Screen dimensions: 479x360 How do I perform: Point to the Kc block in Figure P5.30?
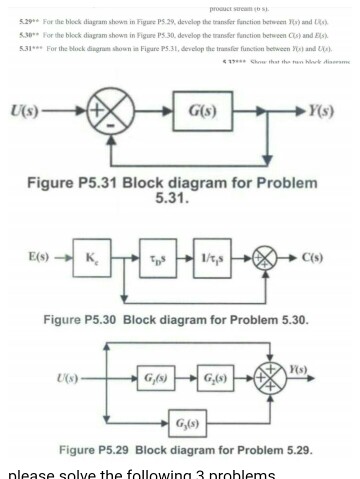tap(90, 258)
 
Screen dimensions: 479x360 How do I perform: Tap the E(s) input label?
tap(40, 258)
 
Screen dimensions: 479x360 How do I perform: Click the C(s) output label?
tap(313, 258)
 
